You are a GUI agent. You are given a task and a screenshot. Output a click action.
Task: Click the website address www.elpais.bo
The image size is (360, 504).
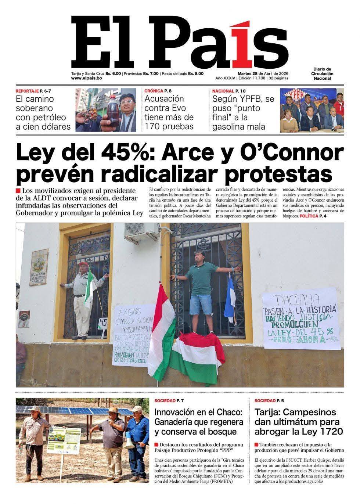(x=86, y=79)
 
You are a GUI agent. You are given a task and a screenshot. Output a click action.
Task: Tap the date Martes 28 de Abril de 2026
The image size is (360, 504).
(x=262, y=73)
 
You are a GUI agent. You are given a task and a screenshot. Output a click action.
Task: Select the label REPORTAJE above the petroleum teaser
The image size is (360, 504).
(x=27, y=91)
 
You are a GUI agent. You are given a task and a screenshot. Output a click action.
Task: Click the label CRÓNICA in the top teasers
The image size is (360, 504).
(x=154, y=91)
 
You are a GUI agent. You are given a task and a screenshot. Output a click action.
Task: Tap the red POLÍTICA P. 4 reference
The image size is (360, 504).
(x=313, y=216)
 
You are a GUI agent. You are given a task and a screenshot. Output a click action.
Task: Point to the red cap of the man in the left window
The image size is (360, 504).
(x=83, y=264)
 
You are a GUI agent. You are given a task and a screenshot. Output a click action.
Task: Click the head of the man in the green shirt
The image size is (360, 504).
(x=199, y=256)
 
